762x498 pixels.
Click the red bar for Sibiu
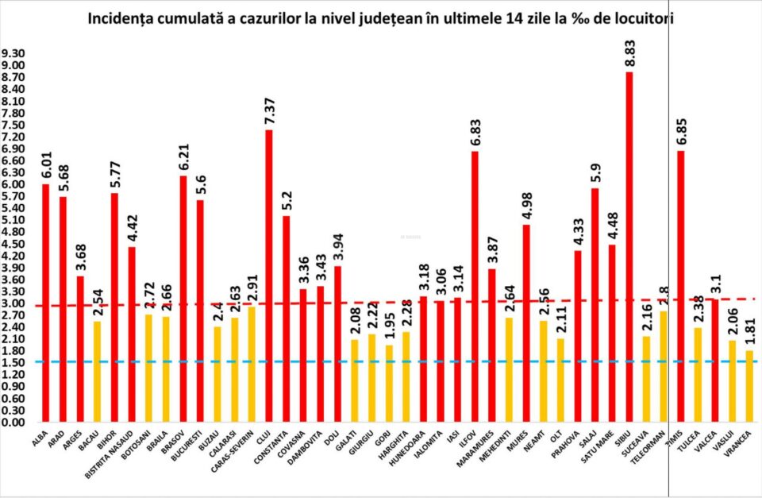629,246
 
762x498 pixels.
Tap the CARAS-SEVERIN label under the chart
237,452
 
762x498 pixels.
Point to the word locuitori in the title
640,17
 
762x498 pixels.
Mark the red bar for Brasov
183,299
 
